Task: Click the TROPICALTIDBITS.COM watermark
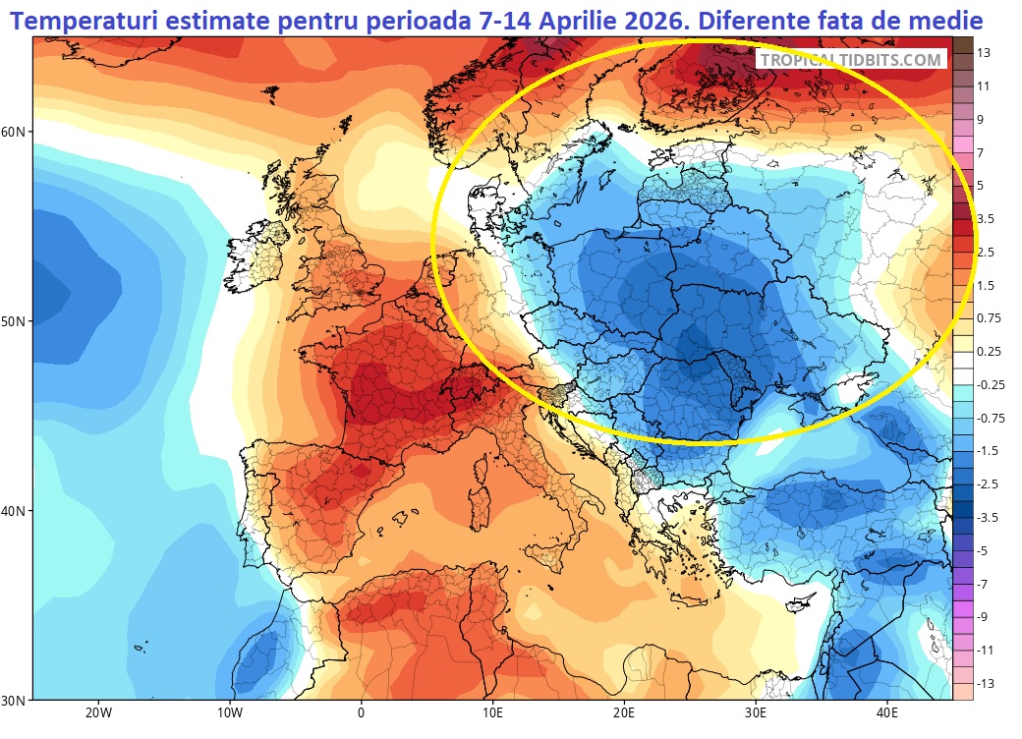point(851,60)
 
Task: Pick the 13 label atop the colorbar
point(984,52)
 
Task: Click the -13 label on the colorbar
point(986,683)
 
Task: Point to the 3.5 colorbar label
point(986,218)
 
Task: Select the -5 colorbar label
point(984,550)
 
